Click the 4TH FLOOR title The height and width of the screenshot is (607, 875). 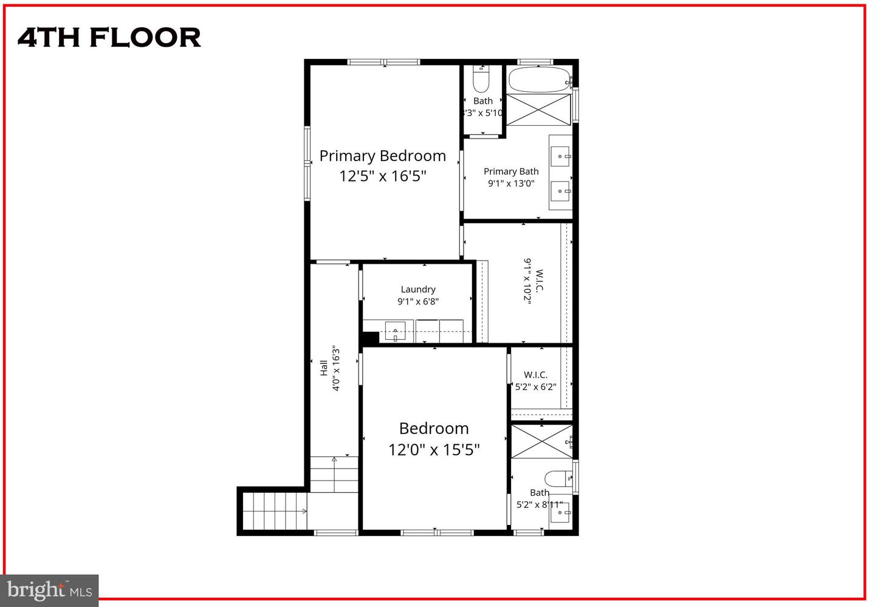[109, 38]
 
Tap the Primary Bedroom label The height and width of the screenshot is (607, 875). [382, 156]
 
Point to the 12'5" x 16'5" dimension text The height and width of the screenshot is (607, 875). [382, 176]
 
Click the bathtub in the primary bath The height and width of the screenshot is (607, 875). [539, 80]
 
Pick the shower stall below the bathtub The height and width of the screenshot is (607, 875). [538, 109]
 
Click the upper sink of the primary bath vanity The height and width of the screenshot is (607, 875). [561, 156]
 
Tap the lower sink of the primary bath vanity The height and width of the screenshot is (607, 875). [561, 191]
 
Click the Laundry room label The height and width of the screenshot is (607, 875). [418, 289]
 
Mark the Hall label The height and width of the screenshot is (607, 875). [324, 367]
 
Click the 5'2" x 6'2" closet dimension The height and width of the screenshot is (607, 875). [535, 386]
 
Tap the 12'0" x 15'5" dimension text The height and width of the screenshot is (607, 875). [434, 450]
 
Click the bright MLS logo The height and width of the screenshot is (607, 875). [49, 590]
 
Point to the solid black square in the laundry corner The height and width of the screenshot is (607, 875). [370, 338]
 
